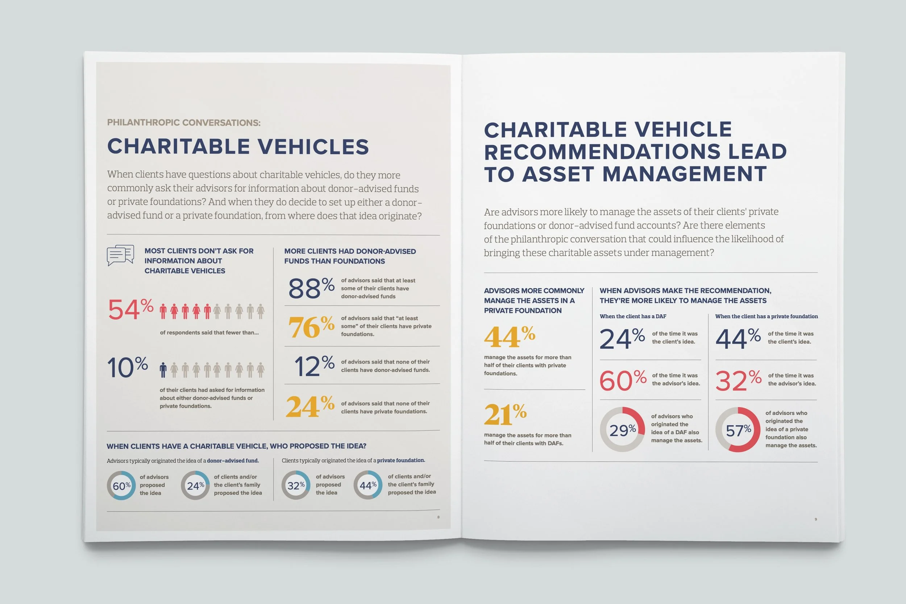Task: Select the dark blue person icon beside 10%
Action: click(x=163, y=370)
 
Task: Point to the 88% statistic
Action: click(x=311, y=288)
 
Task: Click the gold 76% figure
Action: click(x=311, y=327)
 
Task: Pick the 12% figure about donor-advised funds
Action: click(x=314, y=366)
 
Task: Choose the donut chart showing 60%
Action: click(x=121, y=485)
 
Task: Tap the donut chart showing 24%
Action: click(x=195, y=485)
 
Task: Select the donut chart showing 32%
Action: click(x=296, y=485)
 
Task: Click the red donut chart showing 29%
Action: click(x=622, y=430)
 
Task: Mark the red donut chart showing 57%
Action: click(x=738, y=430)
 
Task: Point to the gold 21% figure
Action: click(x=505, y=414)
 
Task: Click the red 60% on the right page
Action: click(x=622, y=381)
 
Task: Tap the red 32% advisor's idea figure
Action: click(x=738, y=381)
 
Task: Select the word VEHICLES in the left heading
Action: click(x=313, y=147)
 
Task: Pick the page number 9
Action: click(x=815, y=519)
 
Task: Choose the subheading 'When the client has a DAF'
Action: click(x=633, y=316)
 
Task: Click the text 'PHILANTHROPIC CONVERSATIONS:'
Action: click(x=184, y=123)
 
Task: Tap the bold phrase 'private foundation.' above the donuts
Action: click(x=401, y=460)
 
